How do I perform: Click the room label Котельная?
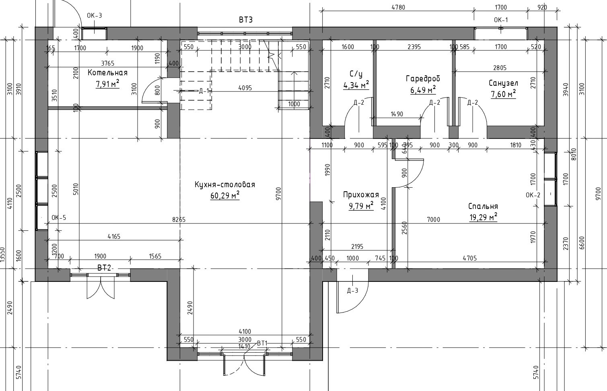107,73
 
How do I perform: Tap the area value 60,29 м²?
225,196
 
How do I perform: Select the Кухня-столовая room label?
225,185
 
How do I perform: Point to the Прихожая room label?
361,195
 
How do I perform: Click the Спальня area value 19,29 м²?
483,217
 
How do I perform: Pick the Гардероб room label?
423,79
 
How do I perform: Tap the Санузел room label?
503,83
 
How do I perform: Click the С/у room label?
356,74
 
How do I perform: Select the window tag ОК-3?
95,16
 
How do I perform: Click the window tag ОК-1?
501,20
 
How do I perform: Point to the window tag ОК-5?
59,218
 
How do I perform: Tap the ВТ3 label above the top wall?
245,20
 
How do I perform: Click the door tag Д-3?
352,290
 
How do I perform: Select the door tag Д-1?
204,91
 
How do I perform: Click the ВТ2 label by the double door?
104,267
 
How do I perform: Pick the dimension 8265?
179,219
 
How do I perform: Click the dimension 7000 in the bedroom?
434,219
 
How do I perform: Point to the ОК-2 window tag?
533,195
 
